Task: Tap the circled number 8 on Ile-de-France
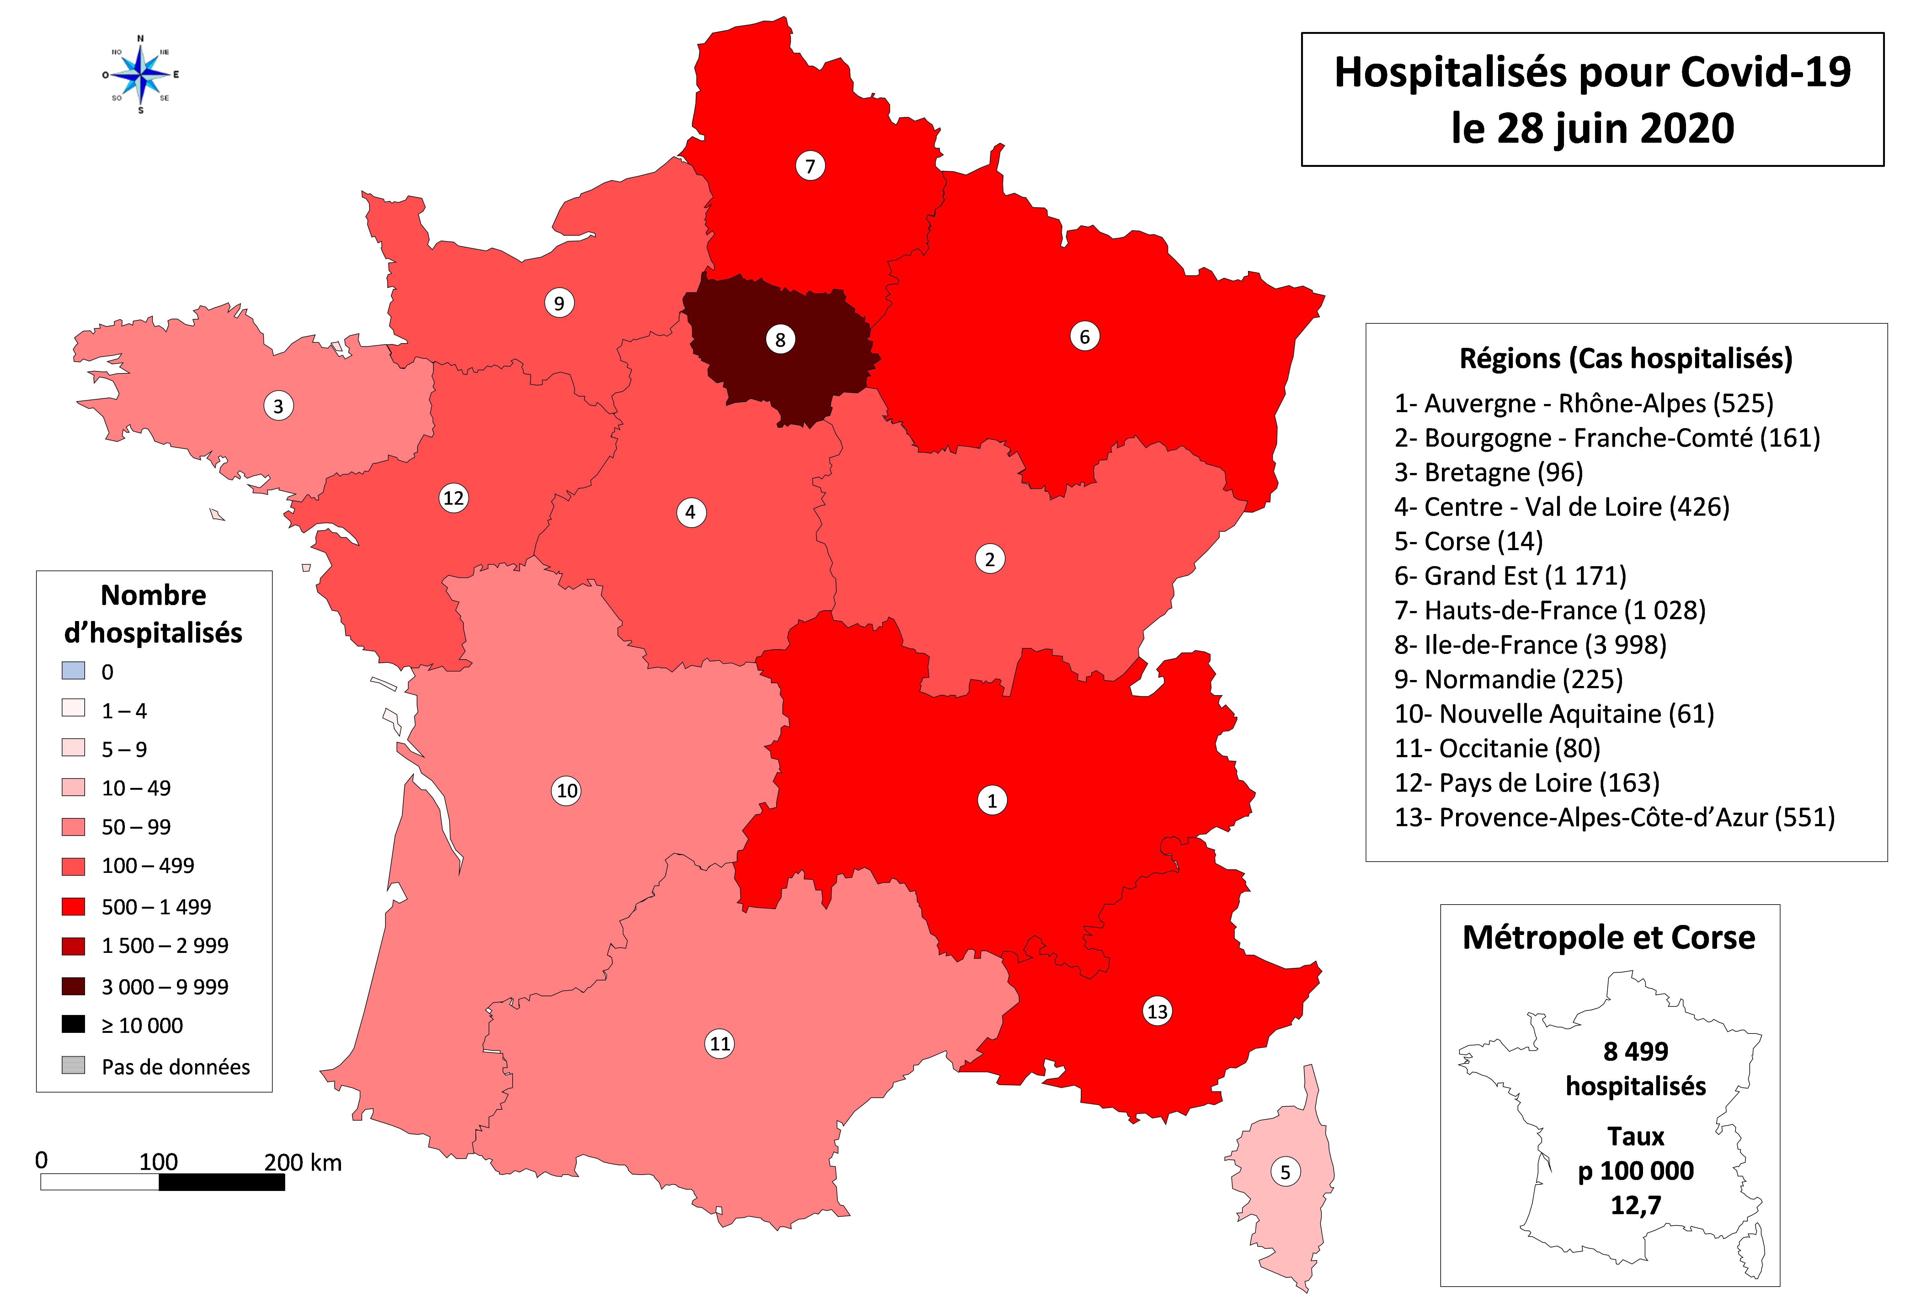780,339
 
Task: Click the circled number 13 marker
1157,1011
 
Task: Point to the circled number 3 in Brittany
278,406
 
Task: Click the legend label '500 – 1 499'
156,906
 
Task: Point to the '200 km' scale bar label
302,1162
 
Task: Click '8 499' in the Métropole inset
1635,1050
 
